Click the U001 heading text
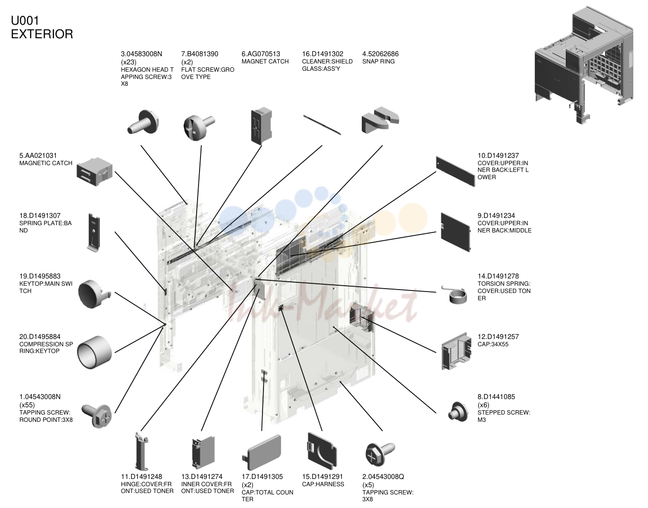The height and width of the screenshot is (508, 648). (x=25, y=21)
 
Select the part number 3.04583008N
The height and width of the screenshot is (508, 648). (x=141, y=54)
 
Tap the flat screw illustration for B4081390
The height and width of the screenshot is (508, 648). (x=199, y=127)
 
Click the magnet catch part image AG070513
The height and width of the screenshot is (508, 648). (x=262, y=125)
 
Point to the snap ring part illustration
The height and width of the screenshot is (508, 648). (x=380, y=120)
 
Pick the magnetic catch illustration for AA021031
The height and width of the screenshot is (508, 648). (x=94, y=172)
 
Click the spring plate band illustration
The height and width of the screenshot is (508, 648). (x=94, y=232)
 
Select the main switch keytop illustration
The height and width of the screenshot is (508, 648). (x=94, y=293)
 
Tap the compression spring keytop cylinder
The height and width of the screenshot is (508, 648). (x=94, y=353)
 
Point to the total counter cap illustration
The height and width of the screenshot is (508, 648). (x=262, y=452)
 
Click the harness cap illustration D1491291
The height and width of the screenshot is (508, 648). (x=322, y=451)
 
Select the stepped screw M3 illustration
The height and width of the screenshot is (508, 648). (x=458, y=412)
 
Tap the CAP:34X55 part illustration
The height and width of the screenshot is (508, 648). (x=457, y=351)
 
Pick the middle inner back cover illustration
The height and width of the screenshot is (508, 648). (x=456, y=232)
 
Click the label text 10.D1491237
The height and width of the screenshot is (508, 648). (x=498, y=155)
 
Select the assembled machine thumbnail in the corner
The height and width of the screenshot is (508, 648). (x=584, y=65)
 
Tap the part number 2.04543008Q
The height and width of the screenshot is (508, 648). (x=383, y=477)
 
